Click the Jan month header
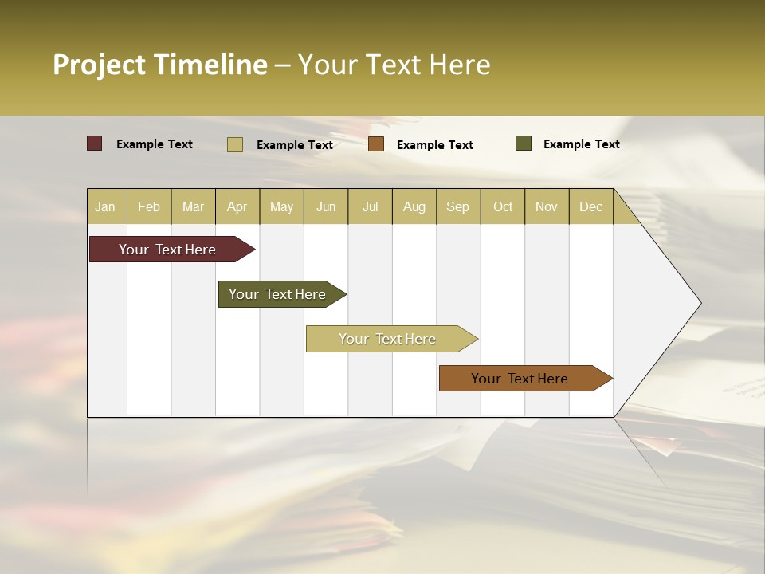click(105, 206)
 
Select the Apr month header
click(237, 206)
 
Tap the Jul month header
click(370, 206)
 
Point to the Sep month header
click(457, 206)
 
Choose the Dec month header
click(590, 206)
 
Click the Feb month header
click(149, 206)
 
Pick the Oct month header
click(503, 206)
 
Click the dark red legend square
click(95, 143)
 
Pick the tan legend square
click(235, 144)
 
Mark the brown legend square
click(376, 144)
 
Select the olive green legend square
click(524, 143)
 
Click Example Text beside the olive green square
click(581, 144)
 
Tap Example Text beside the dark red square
click(155, 144)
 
